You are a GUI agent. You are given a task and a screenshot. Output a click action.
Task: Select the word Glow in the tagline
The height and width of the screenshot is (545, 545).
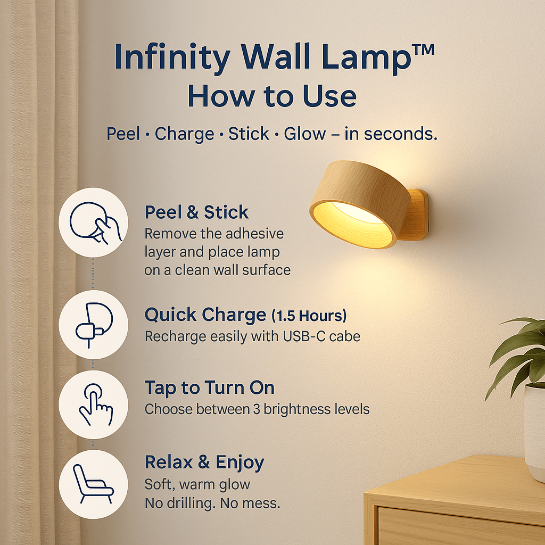coord(304,134)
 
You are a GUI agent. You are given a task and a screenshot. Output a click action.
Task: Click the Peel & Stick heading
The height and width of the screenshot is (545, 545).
coord(196,212)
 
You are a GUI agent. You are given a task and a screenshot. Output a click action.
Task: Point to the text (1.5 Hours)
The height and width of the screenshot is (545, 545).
coord(309,316)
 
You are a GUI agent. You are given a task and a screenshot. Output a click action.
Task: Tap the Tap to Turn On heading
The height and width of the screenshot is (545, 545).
coord(209,388)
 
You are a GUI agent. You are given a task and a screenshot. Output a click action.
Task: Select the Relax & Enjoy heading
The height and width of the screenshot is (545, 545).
coord(204,462)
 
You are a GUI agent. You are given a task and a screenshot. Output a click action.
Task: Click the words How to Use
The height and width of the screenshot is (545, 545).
coord(272,97)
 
